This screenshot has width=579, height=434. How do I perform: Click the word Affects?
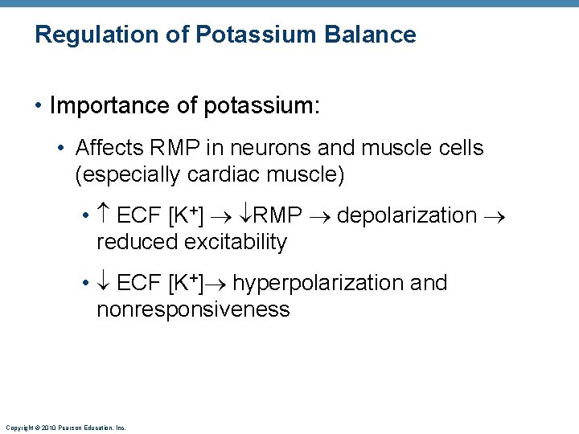107,148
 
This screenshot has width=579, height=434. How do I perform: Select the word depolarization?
407,215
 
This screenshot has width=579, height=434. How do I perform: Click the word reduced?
137,242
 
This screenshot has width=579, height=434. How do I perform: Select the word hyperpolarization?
319,283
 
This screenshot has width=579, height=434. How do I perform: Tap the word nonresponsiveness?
193,309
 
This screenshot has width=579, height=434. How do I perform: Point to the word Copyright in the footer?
20,428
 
